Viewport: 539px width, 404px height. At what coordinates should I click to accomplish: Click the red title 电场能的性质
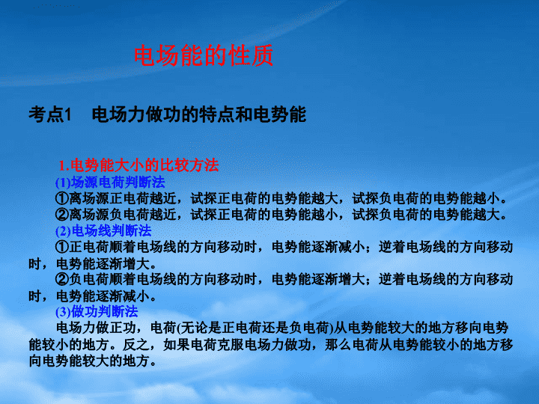point(204,55)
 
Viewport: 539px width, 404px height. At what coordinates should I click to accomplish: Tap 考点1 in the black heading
point(50,114)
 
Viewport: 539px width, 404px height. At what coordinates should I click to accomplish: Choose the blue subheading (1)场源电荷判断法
point(110,182)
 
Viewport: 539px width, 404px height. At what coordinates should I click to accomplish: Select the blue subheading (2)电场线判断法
point(103,230)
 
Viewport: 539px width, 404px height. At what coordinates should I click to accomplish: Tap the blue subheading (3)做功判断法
point(97,311)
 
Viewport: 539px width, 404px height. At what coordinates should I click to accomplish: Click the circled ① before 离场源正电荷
point(62,198)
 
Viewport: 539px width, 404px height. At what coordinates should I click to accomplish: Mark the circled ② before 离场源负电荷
point(62,215)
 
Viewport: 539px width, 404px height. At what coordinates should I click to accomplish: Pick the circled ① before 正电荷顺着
point(62,247)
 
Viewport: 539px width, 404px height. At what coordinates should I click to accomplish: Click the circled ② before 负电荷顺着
point(62,279)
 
